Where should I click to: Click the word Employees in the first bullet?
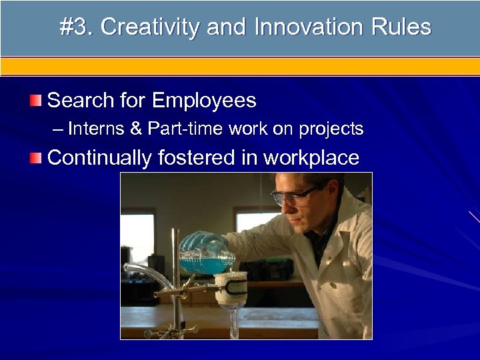[203, 101]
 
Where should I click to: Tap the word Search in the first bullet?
[80, 101]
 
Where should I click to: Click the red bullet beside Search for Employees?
[35, 101]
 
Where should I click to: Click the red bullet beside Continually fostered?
[35, 158]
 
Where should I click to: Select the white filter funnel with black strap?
[231, 287]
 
